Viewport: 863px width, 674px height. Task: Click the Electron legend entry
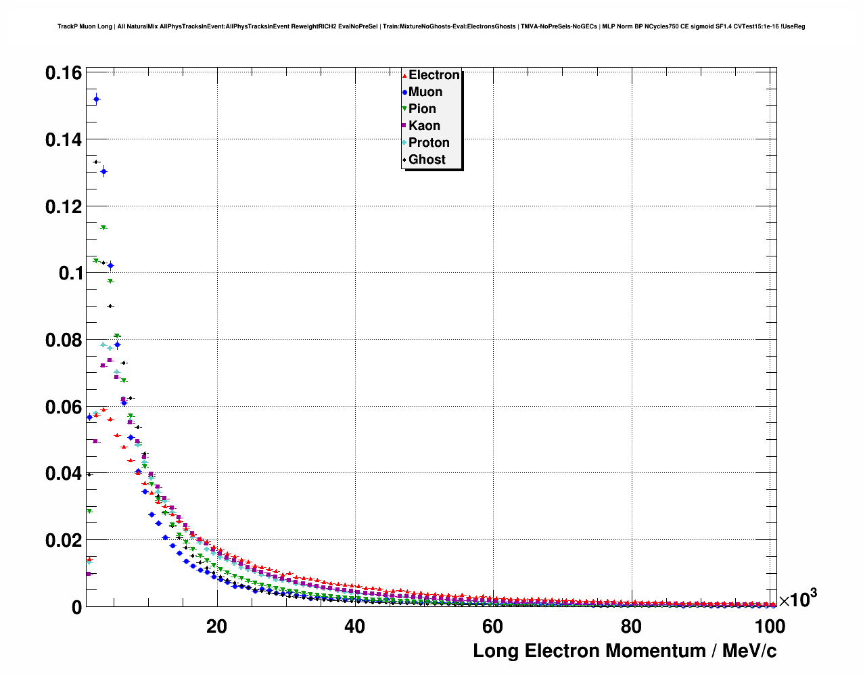434,75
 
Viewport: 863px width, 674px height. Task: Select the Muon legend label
425,92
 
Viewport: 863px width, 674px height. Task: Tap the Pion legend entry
422,109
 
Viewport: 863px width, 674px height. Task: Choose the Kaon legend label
424,126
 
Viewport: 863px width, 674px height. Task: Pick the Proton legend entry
429,143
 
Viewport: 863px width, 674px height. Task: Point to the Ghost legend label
427,160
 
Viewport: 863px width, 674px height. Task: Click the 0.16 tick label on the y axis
64,73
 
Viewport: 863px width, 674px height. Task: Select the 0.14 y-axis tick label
64,140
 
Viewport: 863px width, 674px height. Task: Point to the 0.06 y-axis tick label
64,407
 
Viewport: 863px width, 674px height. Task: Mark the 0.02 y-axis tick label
64,541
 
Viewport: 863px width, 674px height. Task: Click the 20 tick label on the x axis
216,627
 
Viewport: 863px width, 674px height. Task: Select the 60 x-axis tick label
492,627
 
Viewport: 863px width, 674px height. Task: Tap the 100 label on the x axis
770,627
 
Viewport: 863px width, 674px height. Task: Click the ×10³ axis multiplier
798,599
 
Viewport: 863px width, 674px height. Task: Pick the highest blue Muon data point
96,99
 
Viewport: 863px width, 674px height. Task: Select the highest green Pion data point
103,228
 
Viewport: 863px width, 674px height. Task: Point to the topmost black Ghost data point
96,162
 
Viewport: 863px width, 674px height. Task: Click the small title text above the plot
431,26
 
